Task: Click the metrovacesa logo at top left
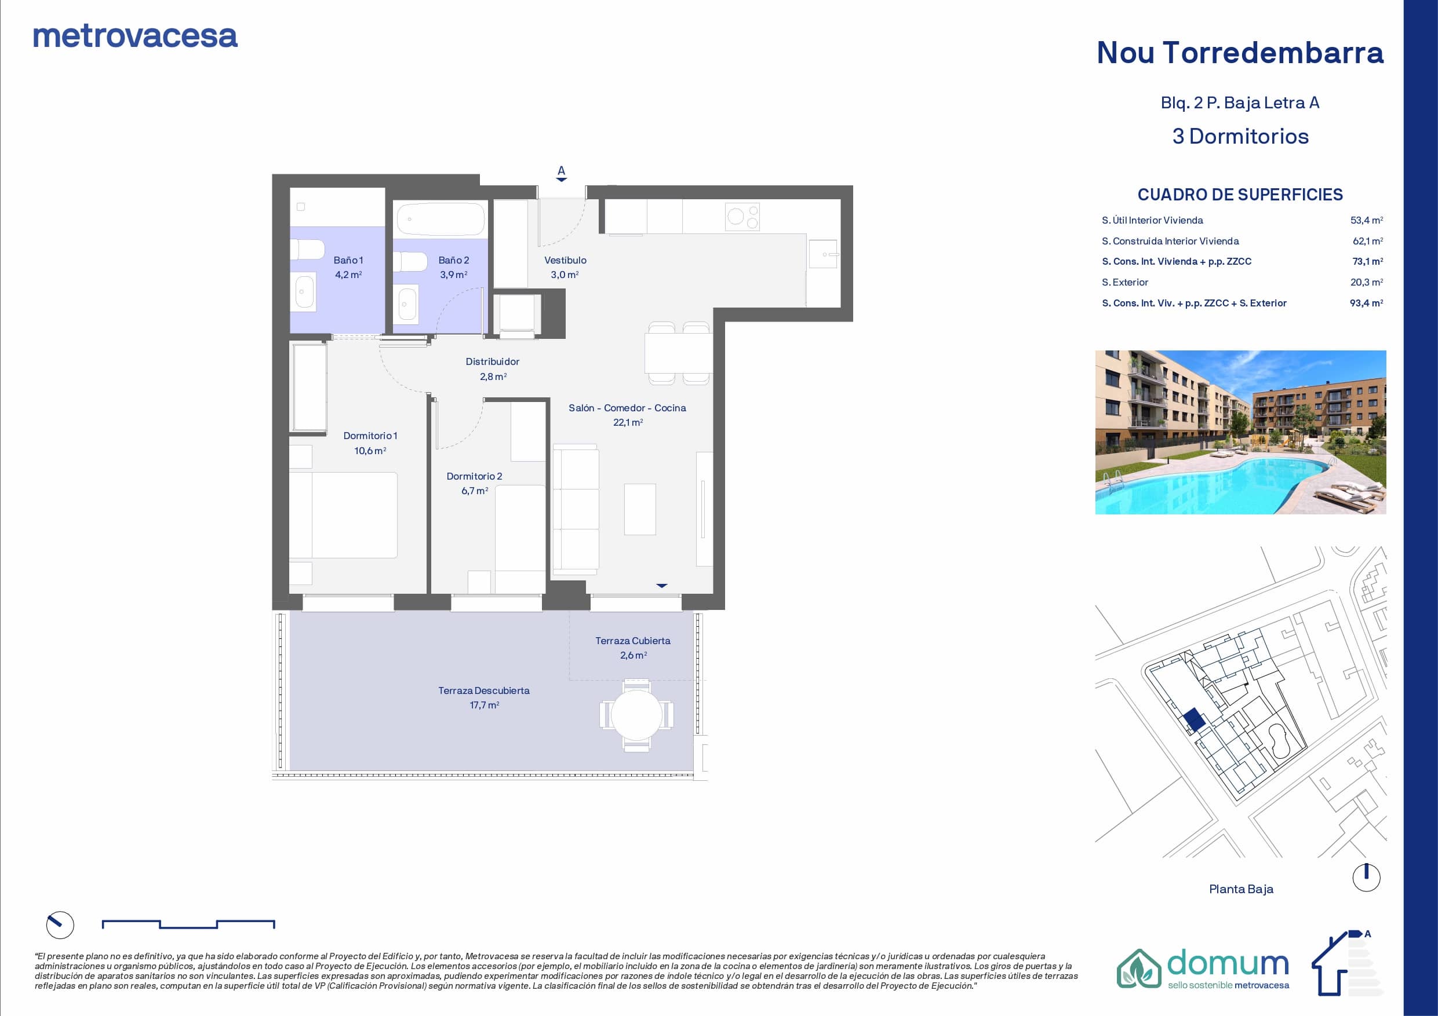(135, 36)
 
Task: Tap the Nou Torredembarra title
(1240, 53)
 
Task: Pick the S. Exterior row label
(1125, 282)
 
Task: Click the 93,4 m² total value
(1367, 303)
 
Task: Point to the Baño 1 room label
(348, 260)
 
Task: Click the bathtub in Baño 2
(441, 219)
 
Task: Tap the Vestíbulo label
(565, 260)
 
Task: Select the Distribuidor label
(492, 361)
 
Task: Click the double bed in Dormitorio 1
(343, 514)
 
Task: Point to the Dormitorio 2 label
(474, 476)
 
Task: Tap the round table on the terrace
(636, 715)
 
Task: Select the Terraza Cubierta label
(632, 641)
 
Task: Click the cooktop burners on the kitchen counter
(742, 217)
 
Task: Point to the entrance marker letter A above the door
(561, 170)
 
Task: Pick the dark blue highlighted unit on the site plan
(1194, 720)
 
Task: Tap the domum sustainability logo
(1203, 969)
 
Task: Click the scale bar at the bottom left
(188, 924)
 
